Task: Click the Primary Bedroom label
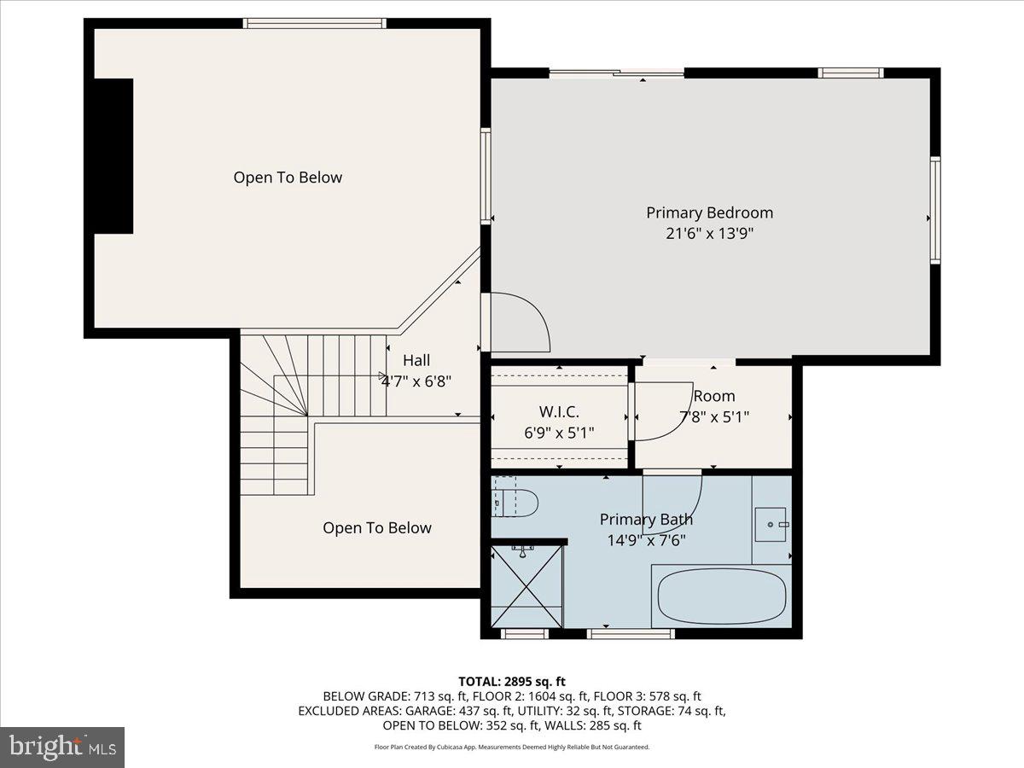tap(709, 212)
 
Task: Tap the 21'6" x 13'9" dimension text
tap(709, 233)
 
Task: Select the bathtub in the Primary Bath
tap(722, 597)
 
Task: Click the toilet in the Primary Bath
tap(515, 503)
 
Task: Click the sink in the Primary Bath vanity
tap(771, 521)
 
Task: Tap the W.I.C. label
tap(559, 412)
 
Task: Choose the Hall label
tap(416, 360)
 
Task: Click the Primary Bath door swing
tap(672, 503)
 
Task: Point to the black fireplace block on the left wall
tap(113, 155)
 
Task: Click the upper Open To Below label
tap(288, 177)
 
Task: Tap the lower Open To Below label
tap(376, 528)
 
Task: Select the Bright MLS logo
tap(62, 747)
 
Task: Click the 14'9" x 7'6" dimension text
tap(646, 540)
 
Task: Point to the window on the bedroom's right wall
tap(934, 209)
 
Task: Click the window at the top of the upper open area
tap(314, 23)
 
